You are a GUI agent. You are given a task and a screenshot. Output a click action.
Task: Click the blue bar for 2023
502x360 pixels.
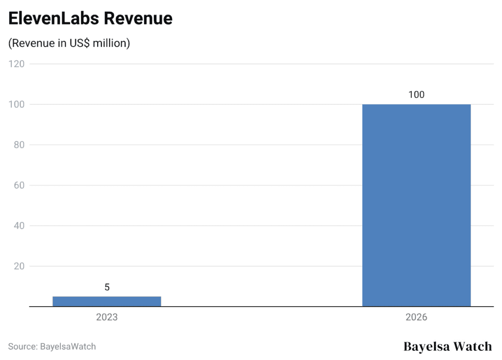click(107, 301)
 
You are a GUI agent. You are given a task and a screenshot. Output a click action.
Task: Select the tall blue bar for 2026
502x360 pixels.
click(416, 205)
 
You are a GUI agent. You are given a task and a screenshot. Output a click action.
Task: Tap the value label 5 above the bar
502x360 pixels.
click(107, 288)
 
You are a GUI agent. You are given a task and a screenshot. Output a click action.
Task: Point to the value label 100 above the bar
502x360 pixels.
click(416, 95)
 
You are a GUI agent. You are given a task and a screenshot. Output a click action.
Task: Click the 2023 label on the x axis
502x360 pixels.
click(107, 317)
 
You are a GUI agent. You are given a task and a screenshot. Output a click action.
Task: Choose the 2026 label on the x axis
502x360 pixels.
click(416, 317)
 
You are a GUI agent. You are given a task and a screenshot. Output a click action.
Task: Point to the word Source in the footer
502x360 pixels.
click(22, 347)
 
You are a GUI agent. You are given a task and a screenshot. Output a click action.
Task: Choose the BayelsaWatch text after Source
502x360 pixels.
click(67, 347)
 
